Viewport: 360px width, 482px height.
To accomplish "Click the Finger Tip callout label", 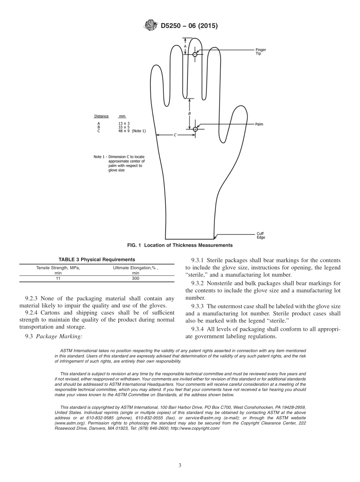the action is point(260,52).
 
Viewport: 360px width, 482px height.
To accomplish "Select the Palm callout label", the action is point(259,124).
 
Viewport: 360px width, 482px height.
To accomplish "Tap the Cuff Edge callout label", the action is point(261,236).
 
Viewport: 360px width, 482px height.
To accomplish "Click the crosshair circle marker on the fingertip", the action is point(195,55).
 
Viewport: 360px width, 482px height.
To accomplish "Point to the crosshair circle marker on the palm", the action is point(195,129).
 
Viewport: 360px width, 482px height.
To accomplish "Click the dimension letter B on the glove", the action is point(189,113).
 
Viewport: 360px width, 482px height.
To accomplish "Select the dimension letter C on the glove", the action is point(175,135).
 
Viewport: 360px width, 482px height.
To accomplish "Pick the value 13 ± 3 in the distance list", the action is point(124,124).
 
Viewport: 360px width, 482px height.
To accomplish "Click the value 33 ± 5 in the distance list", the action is point(124,127).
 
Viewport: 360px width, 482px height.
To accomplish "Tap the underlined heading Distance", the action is point(101,116).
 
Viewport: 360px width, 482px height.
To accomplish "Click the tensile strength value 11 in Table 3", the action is point(58,279).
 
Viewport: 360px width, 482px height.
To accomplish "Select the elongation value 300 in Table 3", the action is point(136,279).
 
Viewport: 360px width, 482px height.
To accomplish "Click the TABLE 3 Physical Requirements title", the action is point(97,260).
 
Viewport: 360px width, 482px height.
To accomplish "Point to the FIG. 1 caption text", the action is point(180,246).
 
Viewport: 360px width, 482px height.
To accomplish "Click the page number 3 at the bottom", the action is point(180,465).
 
